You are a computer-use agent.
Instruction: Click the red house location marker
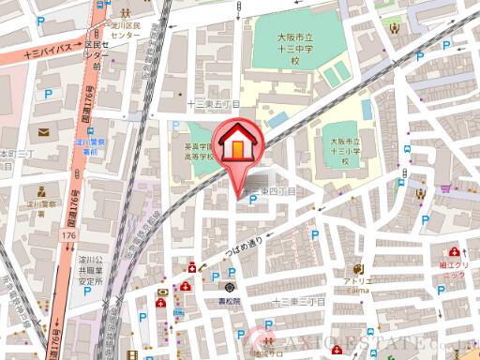242,145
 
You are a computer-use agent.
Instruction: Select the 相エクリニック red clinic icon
455,253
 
